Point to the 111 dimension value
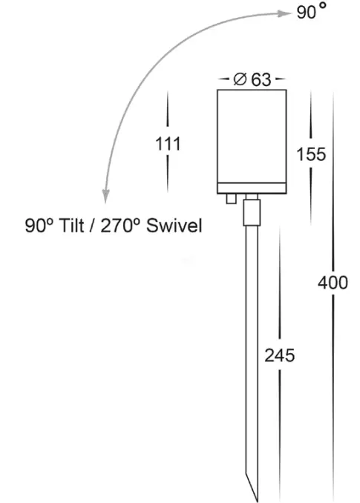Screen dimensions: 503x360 pyautogui.click(x=168, y=144)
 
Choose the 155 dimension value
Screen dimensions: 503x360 pyautogui.click(x=311, y=154)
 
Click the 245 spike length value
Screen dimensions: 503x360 pyautogui.click(x=280, y=355)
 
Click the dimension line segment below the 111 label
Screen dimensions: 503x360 pyautogui.click(x=168, y=174)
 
